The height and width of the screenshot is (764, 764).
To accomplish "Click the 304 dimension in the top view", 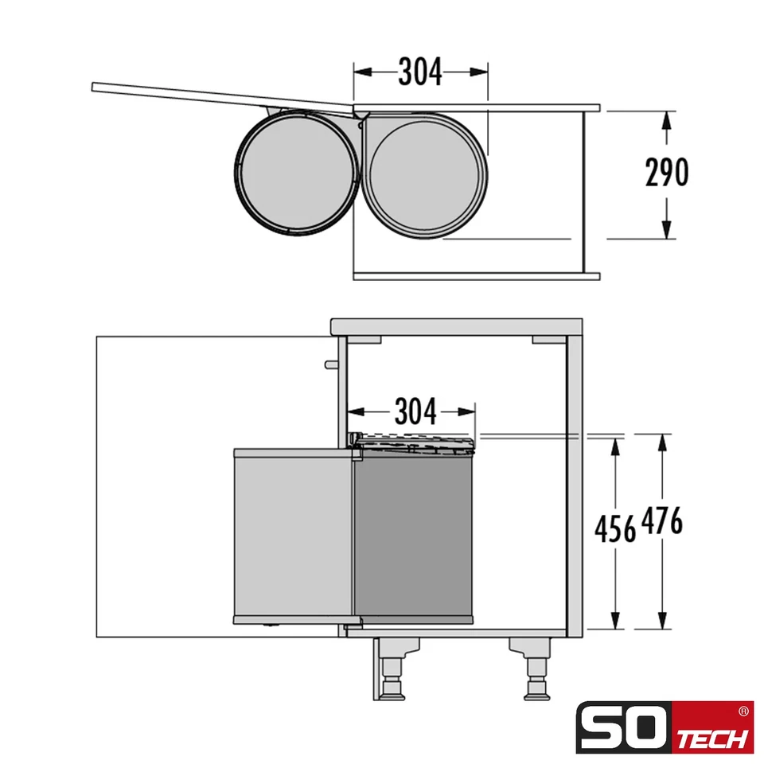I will [419, 72].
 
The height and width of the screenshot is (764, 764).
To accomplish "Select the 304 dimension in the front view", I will [415, 412].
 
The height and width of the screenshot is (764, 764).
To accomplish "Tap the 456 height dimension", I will [614, 528].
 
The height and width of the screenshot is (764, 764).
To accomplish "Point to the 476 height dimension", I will [661, 523].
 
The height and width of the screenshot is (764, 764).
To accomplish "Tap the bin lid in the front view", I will [414, 440].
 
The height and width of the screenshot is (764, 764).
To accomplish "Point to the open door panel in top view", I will [223, 95].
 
